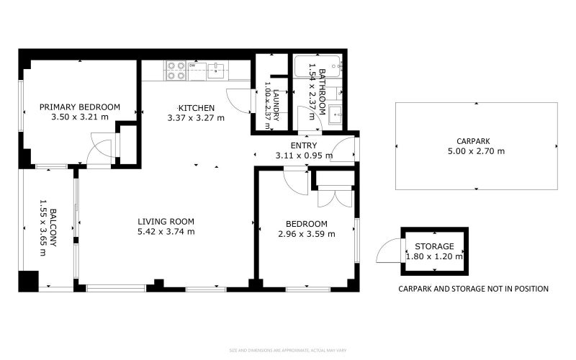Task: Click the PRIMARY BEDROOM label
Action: click(79, 107)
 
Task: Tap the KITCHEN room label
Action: click(196, 108)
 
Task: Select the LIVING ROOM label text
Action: click(166, 221)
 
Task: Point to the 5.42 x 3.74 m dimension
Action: click(166, 232)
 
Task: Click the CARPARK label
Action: click(476, 141)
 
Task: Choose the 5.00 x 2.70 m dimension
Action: click(476, 151)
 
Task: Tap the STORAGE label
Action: click(434, 246)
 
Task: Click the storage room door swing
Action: click(387, 252)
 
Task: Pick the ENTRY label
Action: click(304, 145)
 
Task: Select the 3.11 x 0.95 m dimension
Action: click(304, 155)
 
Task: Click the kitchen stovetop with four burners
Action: click(176, 70)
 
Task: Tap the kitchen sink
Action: click(215, 70)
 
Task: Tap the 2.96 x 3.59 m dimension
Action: click(306, 234)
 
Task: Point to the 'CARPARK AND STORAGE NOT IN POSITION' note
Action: click(473, 289)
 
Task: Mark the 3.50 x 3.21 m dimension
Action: click(79, 117)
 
